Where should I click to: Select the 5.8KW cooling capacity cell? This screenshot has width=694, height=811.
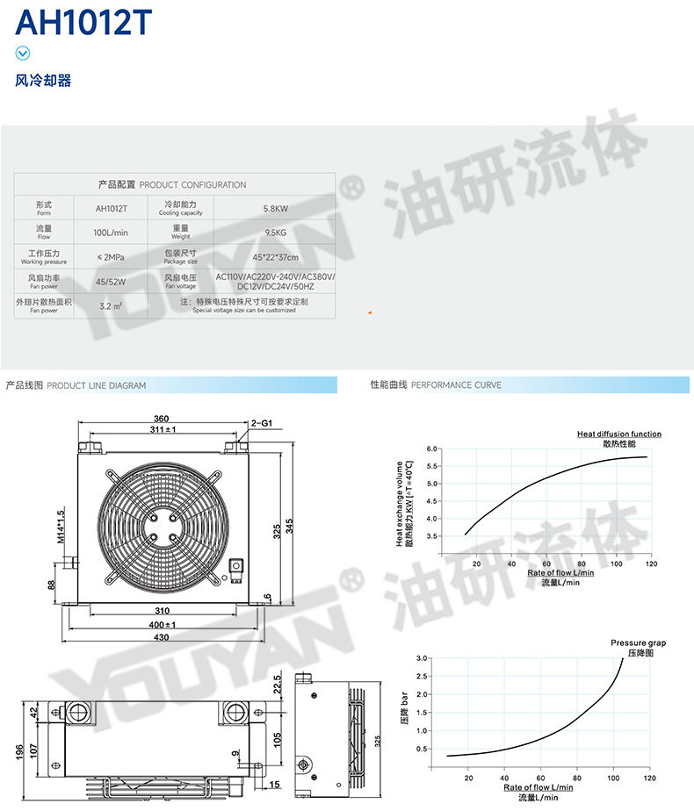click(x=274, y=209)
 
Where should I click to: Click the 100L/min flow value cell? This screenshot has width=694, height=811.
click(x=111, y=233)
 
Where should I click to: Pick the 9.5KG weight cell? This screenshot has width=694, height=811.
click(x=274, y=233)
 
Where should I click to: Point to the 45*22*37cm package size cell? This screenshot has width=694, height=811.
click(x=274, y=257)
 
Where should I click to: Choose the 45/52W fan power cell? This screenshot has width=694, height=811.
click(x=111, y=282)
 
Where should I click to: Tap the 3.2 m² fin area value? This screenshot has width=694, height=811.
click(x=111, y=306)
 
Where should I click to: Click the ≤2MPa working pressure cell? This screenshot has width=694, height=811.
click(x=111, y=257)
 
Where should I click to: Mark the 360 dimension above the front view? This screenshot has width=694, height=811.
click(x=161, y=419)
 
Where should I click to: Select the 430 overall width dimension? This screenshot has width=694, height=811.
click(x=162, y=636)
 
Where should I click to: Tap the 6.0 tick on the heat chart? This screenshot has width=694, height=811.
click(x=431, y=449)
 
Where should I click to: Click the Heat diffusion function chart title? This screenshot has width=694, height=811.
click(x=618, y=434)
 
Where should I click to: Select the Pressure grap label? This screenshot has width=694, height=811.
click(x=638, y=643)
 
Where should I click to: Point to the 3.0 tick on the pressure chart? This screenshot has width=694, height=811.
click(x=422, y=658)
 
